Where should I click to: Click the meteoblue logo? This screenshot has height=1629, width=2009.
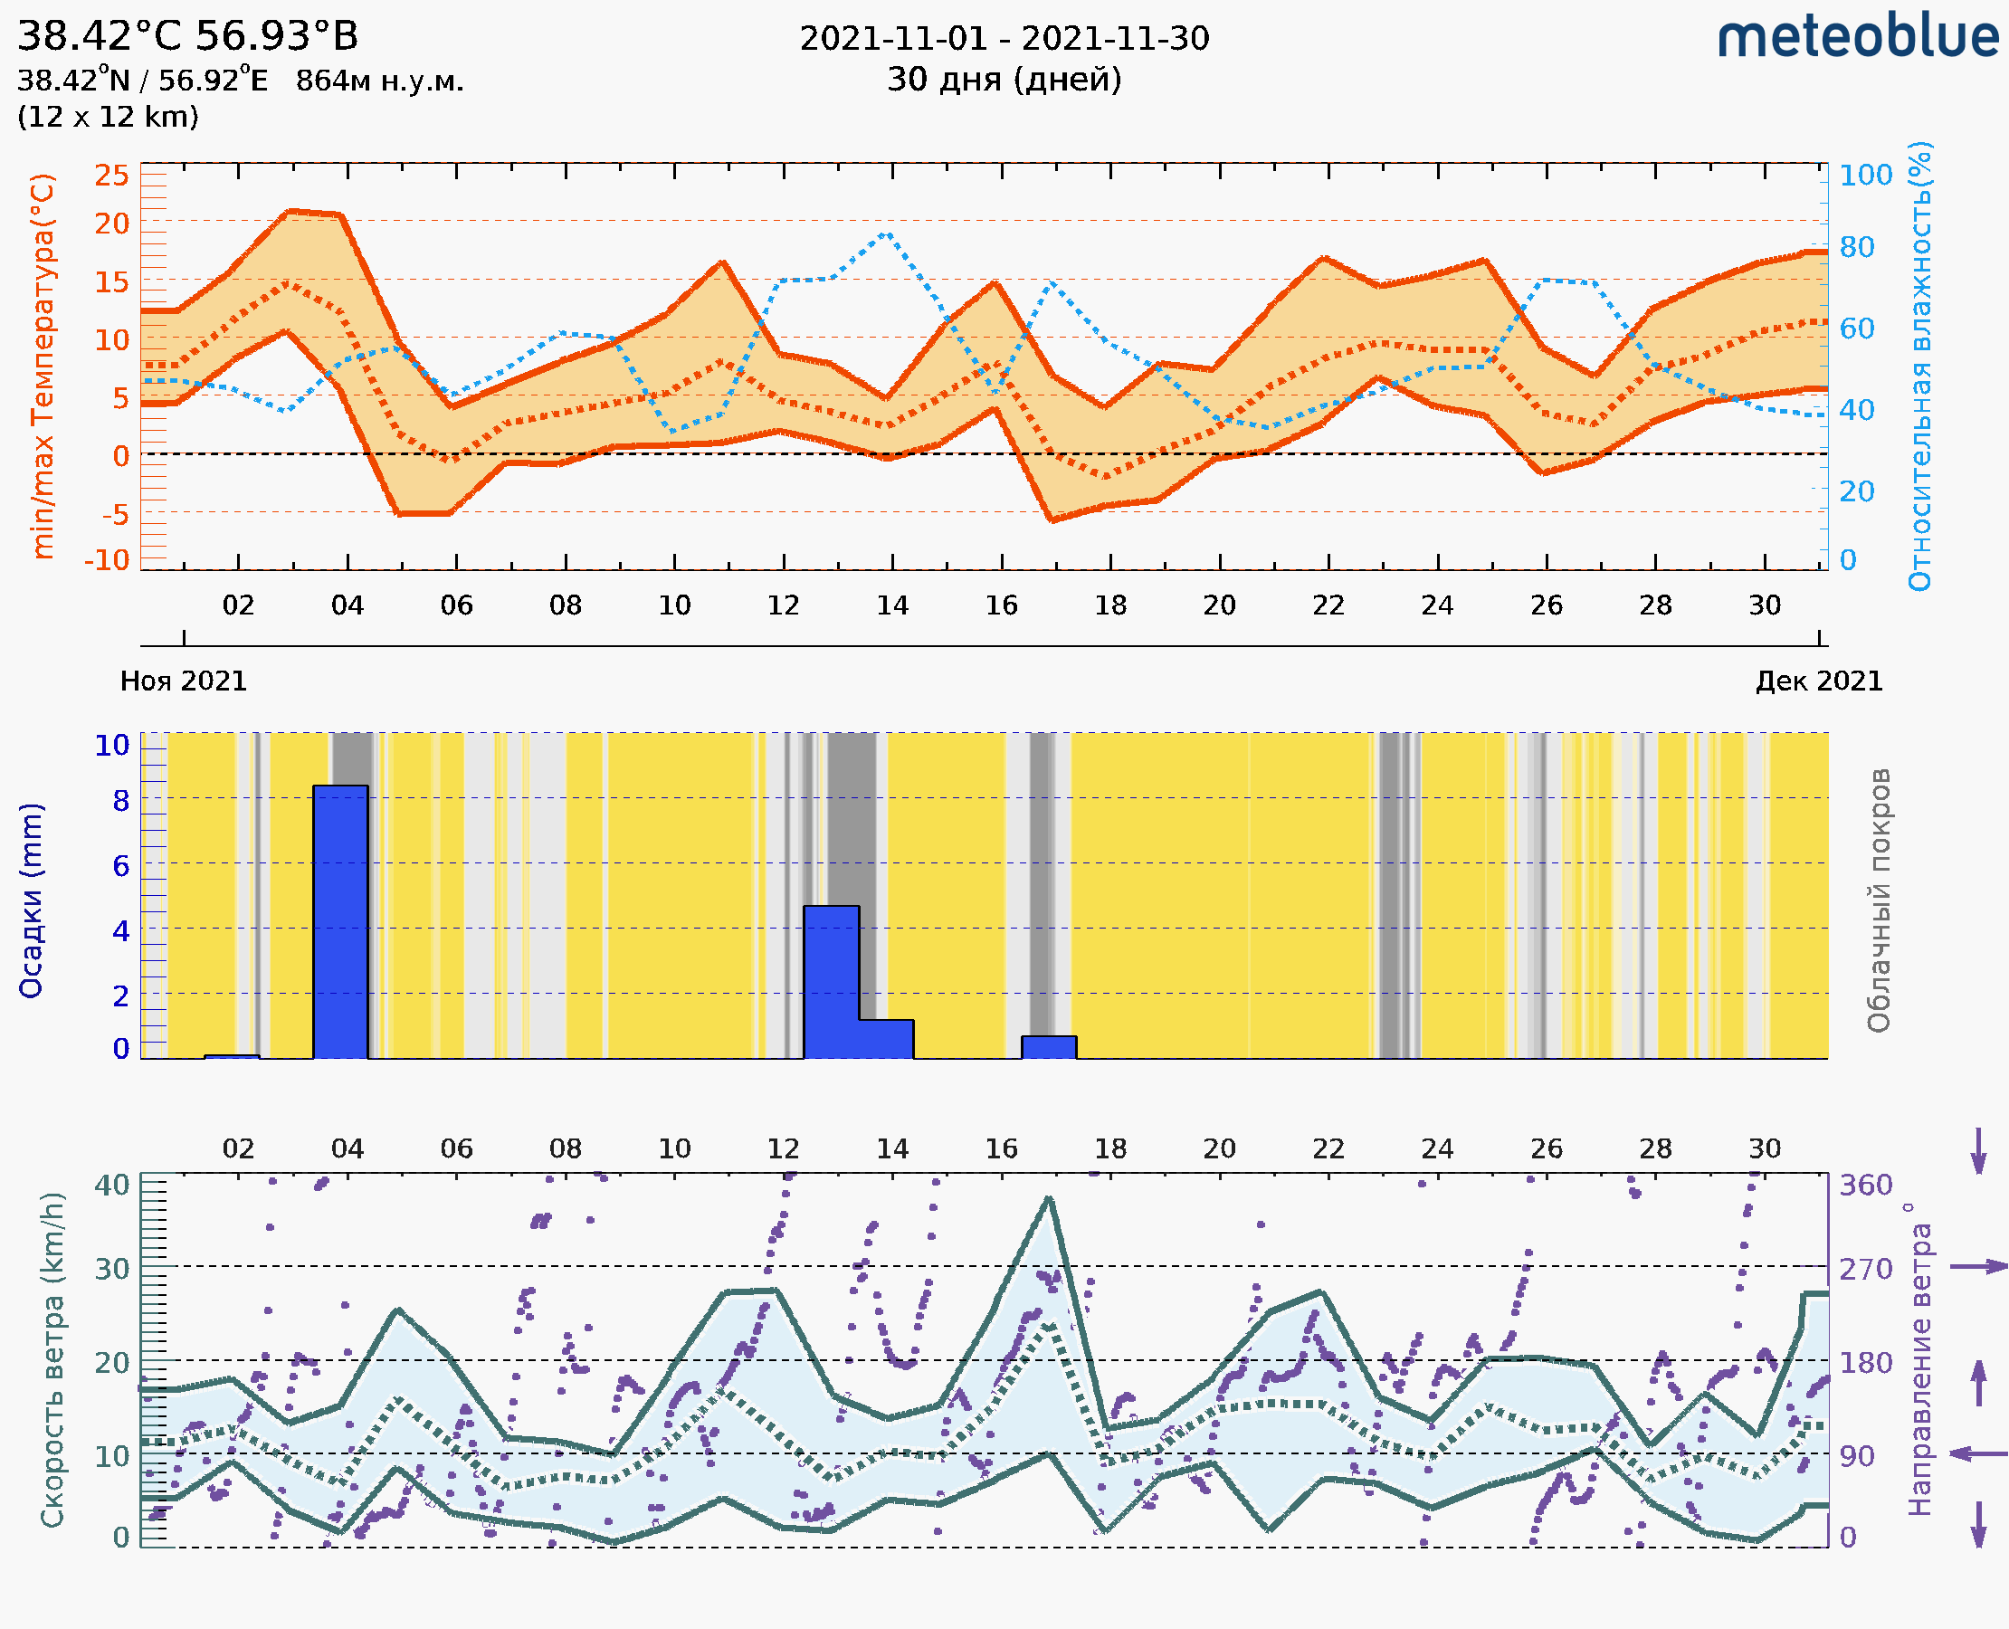[1857, 37]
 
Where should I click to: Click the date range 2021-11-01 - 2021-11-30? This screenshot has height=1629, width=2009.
[1004, 39]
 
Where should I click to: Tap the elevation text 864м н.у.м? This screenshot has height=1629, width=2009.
[379, 81]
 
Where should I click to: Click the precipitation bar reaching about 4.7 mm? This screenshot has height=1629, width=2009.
[831, 981]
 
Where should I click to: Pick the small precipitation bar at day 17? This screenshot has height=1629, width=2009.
[1048, 1047]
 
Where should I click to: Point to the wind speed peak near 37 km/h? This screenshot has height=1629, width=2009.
[1049, 1199]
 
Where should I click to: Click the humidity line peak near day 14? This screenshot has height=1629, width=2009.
[886, 233]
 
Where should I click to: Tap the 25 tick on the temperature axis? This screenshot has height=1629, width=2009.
[111, 175]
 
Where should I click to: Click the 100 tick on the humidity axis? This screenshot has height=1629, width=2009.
[1865, 175]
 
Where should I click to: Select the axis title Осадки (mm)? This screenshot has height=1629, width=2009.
[31, 900]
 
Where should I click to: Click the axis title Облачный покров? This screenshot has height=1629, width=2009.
[1879, 900]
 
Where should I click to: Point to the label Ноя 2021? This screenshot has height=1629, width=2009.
[183, 681]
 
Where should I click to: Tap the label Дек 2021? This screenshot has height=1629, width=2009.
[1819, 681]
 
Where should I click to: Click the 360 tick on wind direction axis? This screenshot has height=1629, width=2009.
[1865, 1186]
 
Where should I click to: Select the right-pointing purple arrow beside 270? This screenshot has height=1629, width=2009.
[1978, 1267]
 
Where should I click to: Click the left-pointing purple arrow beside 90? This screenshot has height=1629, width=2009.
[1978, 1453]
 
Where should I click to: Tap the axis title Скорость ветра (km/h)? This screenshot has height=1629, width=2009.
[52, 1359]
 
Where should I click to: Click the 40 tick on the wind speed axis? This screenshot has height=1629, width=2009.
[111, 1186]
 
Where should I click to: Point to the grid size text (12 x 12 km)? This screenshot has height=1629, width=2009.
[108, 118]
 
